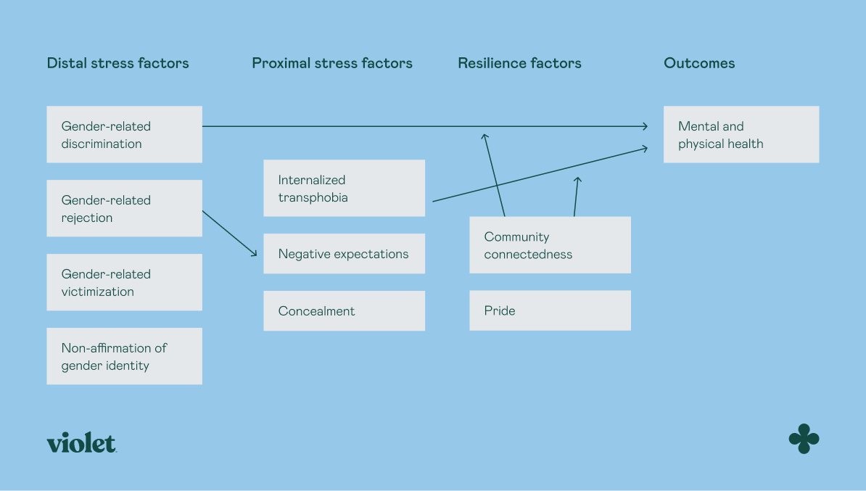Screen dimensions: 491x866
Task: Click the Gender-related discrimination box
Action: pos(124,134)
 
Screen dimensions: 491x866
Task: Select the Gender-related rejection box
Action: pos(124,208)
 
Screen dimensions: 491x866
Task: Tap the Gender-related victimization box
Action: pos(124,282)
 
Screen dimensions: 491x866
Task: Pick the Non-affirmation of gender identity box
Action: pos(124,356)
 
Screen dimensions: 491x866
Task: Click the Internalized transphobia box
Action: pos(344,188)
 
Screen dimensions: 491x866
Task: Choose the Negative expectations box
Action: pos(344,254)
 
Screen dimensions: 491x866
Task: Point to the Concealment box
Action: pos(344,311)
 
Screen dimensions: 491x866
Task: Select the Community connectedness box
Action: pos(550,245)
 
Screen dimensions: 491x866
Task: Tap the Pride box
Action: pos(550,310)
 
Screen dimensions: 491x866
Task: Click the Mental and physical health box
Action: pos(741,134)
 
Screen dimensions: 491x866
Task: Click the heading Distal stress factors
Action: pos(117,63)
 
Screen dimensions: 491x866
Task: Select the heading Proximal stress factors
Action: pos(332,63)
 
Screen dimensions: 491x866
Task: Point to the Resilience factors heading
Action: pos(519,63)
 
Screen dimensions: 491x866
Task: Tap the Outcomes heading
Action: pos(699,63)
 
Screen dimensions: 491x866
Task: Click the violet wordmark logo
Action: pos(81,443)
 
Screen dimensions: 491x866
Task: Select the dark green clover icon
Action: pos(804,439)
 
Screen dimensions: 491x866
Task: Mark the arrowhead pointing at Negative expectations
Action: pos(255,253)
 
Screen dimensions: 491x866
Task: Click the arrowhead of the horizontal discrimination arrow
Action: pos(645,126)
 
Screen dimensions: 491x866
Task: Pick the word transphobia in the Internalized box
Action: pos(313,197)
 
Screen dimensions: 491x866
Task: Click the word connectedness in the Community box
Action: pos(528,255)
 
